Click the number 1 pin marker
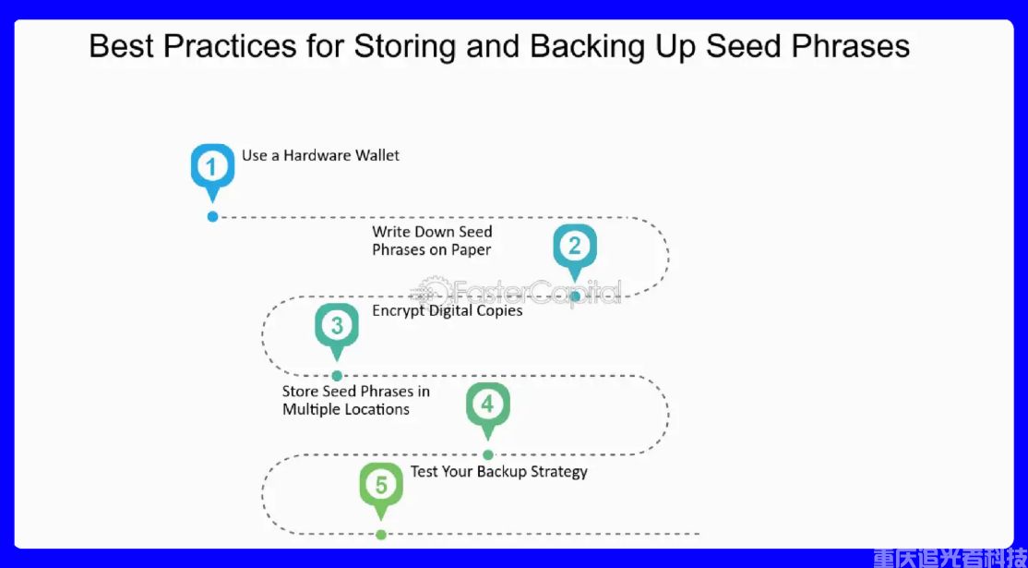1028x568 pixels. tap(212, 168)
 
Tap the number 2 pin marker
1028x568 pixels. tap(574, 247)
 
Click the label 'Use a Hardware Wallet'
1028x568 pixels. tap(320, 155)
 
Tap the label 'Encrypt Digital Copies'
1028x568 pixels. tap(448, 310)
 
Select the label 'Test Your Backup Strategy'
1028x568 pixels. tap(499, 471)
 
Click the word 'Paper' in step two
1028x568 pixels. tap(471, 249)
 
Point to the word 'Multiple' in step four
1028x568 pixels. tap(313, 409)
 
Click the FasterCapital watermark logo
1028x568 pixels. tap(517, 293)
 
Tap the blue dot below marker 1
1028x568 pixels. tap(212, 216)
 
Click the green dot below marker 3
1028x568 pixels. tap(337, 375)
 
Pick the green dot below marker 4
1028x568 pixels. tap(488, 454)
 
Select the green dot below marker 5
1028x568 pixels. tap(381, 534)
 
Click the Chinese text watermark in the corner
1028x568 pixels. tap(949, 557)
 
